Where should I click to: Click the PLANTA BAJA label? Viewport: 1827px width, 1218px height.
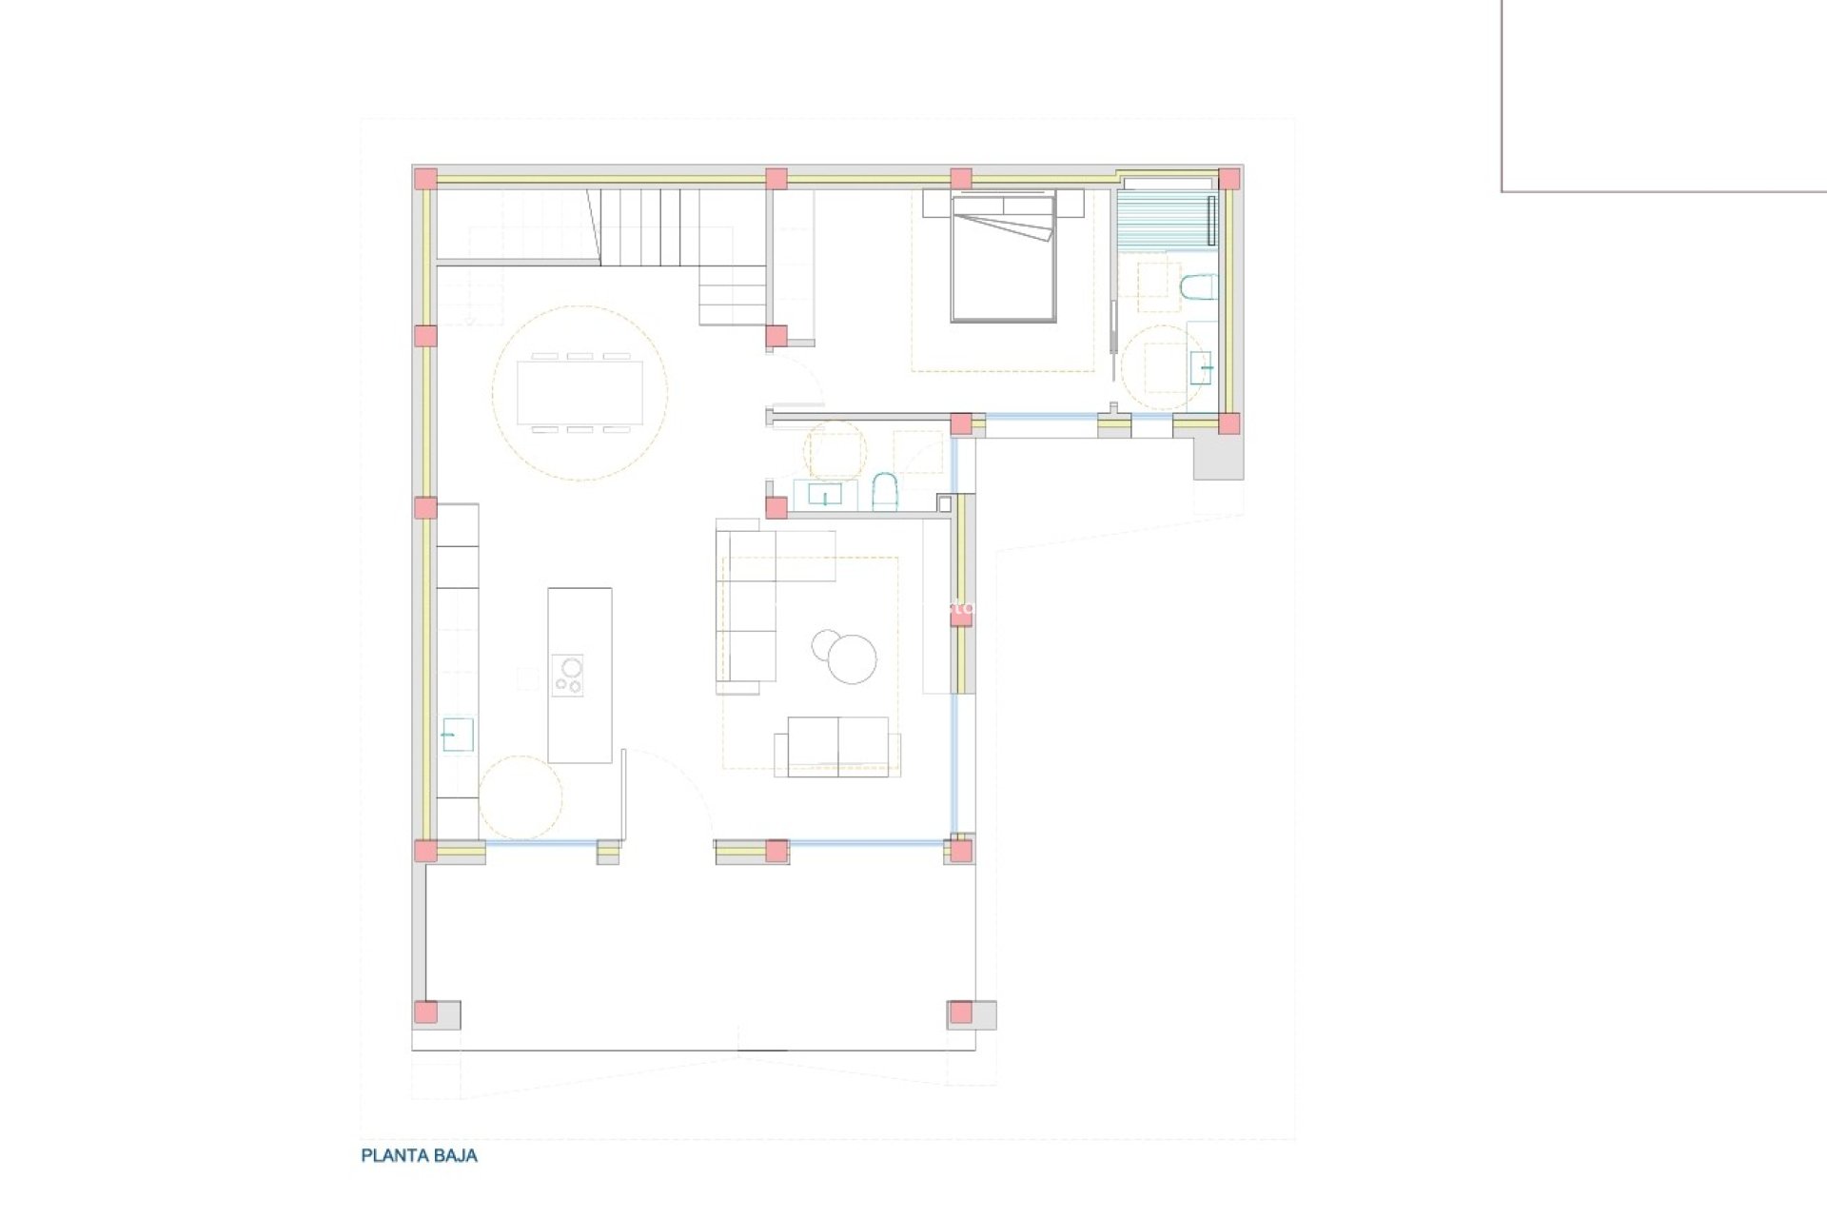[x=419, y=1155]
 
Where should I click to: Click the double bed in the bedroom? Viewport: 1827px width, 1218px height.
[x=1003, y=259]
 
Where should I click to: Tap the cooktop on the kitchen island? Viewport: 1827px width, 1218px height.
[x=568, y=675]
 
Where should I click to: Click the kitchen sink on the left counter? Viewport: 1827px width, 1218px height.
[x=457, y=735]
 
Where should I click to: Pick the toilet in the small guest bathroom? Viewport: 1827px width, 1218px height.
[x=884, y=492]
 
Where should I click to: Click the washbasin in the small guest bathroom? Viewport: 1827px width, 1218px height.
[x=824, y=495]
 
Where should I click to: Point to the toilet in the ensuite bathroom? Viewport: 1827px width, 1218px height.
[x=1197, y=287]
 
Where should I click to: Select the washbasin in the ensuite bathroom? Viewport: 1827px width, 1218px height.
[x=1201, y=367]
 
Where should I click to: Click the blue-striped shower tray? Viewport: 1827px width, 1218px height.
[x=1165, y=220]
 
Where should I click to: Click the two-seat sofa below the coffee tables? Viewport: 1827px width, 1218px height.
[x=837, y=746]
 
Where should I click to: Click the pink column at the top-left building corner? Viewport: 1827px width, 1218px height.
[x=425, y=179]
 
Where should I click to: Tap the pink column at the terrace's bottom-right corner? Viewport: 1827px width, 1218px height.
[x=961, y=1012]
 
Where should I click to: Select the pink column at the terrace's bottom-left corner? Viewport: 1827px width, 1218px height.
[x=425, y=1012]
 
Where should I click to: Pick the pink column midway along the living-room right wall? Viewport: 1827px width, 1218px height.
[x=961, y=617]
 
